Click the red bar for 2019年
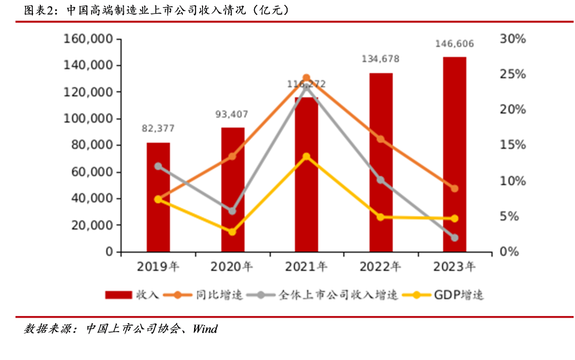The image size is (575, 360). [158, 198]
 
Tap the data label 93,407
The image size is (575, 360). [232, 114]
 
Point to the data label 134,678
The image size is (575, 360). [380, 59]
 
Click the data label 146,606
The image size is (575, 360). [455, 44]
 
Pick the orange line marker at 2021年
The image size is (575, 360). [306, 78]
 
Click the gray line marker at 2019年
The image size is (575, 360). [158, 167]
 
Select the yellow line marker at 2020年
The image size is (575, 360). [232, 232]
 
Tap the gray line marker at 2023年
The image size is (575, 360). [455, 237]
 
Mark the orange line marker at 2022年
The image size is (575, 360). [380, 139]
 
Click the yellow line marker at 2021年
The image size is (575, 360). [306, 157]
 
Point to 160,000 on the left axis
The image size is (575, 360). [88, 39]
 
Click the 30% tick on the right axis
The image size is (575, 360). [513, 39]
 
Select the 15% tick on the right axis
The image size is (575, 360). [513, 145]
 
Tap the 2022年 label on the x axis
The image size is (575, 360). [380, 267]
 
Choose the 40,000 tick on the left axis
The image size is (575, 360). [91, 198]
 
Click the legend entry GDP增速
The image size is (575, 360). [459, 295]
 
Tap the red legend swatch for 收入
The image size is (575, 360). [118, 295]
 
